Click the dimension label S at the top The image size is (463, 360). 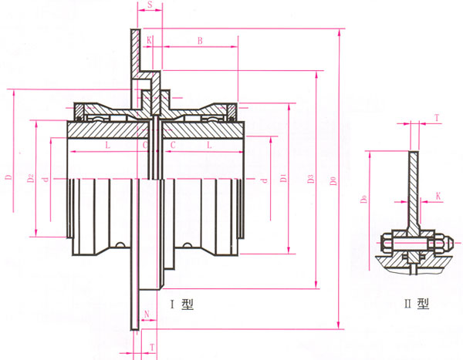tap(149, 6)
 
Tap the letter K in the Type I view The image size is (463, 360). tap(149, 39)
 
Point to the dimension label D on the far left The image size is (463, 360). tap(8, 178)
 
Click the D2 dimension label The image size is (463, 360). tap(29, 178)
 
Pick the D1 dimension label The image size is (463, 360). tap(284, 178)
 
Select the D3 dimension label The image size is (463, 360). tap(311, 178)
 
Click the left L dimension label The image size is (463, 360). tap(107, 144)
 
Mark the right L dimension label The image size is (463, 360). tap(208, 144)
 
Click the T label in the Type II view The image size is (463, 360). tap(437, 118)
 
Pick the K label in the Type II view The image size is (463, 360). tap(438, 197)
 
